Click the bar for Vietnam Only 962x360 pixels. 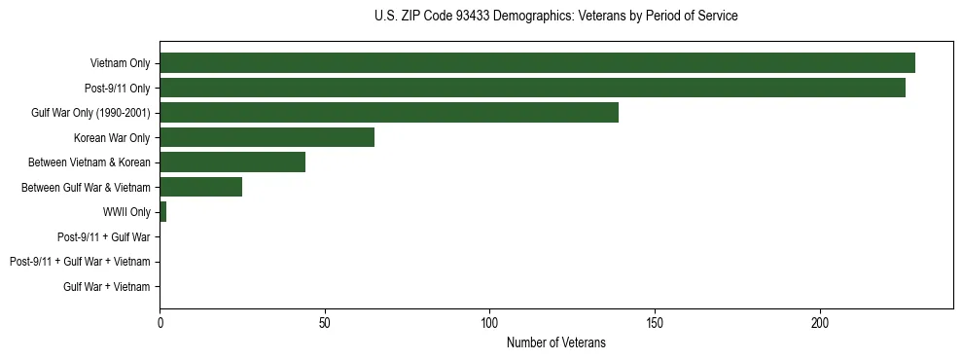point(537,63)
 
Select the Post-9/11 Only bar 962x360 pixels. point(532,88)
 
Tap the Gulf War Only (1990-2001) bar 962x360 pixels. point(389,112)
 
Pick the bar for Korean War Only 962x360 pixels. point(267,137)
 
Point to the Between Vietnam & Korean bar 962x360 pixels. point(232,162)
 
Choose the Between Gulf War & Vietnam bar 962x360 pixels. point(200,187)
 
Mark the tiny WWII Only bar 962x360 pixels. point(162,211)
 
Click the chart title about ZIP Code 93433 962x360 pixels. point(555,17)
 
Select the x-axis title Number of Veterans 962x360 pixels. point(555,342)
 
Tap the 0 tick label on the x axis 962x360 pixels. point(160,322)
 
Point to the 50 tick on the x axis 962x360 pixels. point(325,322)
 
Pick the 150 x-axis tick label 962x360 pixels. point(655,322)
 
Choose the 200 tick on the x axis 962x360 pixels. point(820,322)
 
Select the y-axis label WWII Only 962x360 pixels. point(126,211)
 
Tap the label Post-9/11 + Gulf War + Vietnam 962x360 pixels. point(80,261)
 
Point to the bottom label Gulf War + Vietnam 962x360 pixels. point(107,286)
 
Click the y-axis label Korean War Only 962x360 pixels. point(112,137)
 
